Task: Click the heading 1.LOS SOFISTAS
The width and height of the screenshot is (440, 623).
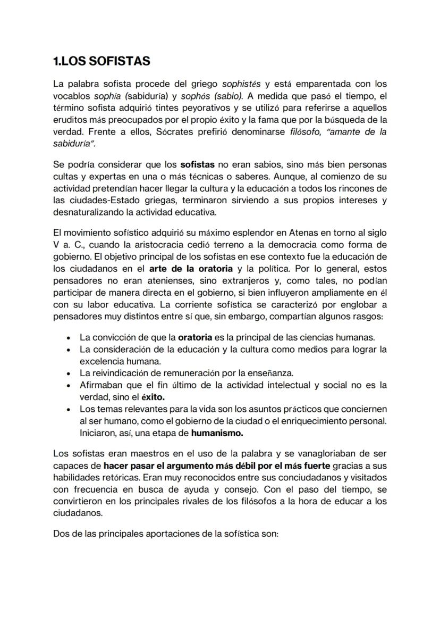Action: pyautogui.click(x=101, y=61)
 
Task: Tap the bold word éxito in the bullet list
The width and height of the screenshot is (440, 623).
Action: pyautogui.click(x=151, y=396)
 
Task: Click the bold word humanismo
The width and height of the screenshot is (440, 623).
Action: pyautogui.click(x=216, y=433)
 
